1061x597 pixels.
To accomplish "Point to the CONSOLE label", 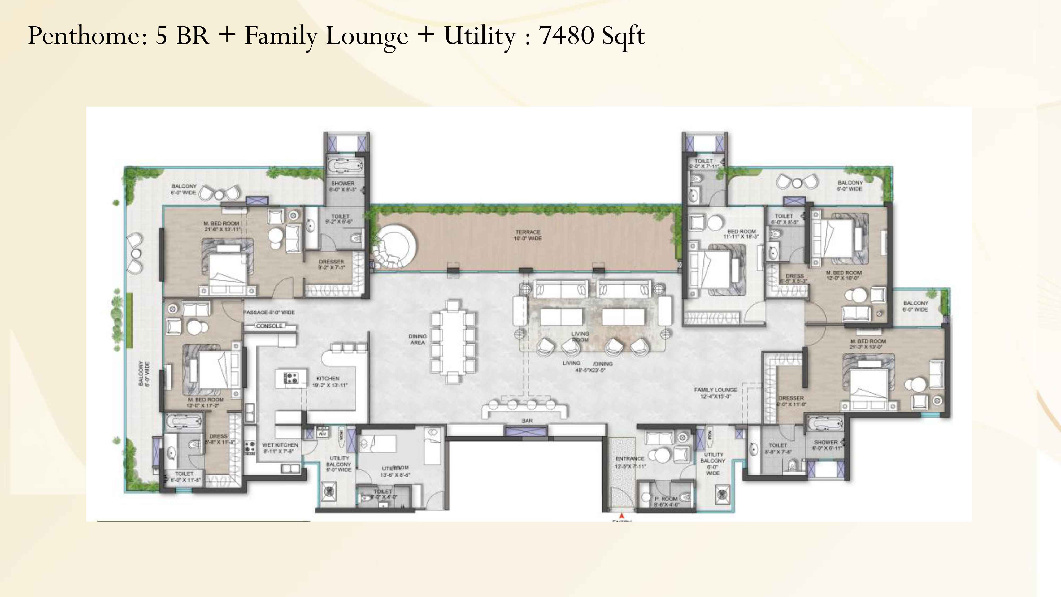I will (269, 326).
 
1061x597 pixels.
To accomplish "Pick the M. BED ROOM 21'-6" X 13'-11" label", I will (221, 226).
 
